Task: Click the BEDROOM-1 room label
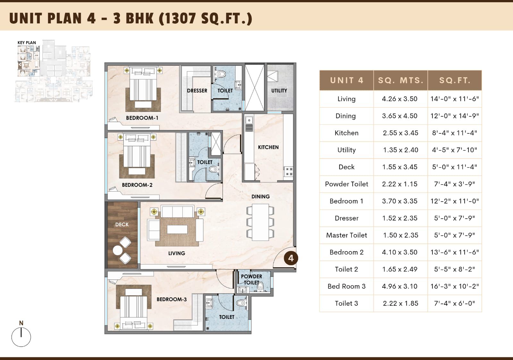pyautogui.click(x=142, y=118)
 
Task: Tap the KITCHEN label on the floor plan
pyautogui.click(x=268, y=147)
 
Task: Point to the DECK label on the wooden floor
pyautogui.click(x=122, y=225)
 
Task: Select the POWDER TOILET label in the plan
pyautogui.click(x=251, y=280)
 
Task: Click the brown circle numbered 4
pyautogui.click(x=291, y=258)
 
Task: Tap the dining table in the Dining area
pyautogui.click(x=260, y=222)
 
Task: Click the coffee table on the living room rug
pyautogui.click(x=177, y=229)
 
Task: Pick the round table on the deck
pyautogui.click(x=118, y=250)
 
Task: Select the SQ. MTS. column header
pyautogui.click(x=400, y=80)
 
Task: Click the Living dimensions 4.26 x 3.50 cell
pyautogui.click(x=399, y=99)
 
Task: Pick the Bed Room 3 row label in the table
pyautogui.click(x=347, y=286)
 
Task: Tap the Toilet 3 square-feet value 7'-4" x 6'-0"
pyautogui.click(x=455, y=304)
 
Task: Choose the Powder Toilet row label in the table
pyautogui.click(x=347, y=184)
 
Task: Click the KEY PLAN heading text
pyautogui.click(x=27, y=43)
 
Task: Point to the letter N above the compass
pyautogui.click(x=21, y=323)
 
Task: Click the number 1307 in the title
pyautogui.click(x=180, y=18)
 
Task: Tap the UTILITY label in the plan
pyautogui.click(x=279, y=91)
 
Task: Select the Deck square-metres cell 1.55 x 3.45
pyautogui.click(x=399, y=167)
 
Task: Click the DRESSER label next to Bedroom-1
pyautogui.click(x=197, y=91)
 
